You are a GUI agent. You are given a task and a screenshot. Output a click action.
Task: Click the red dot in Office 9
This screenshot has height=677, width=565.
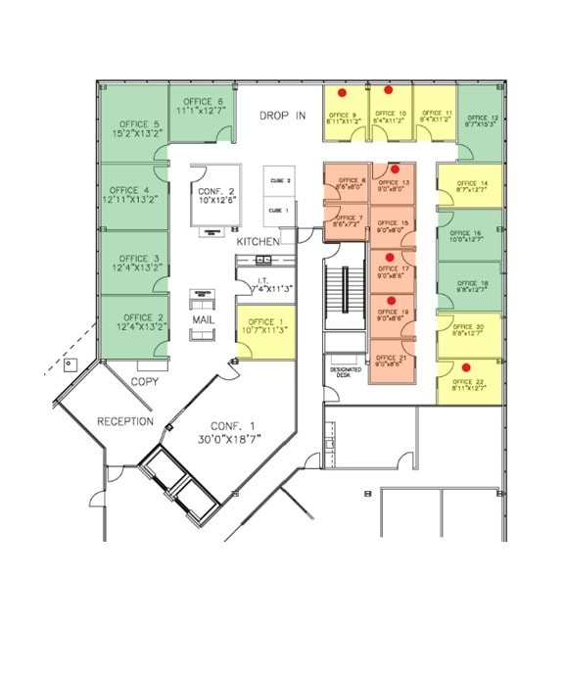341,93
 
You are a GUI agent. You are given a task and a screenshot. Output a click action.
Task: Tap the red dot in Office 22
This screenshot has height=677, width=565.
465,366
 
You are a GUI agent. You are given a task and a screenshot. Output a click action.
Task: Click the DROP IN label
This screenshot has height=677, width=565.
282,116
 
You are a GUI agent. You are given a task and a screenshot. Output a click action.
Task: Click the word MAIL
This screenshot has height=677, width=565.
203,319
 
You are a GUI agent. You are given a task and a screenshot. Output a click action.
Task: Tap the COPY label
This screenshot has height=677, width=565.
145,381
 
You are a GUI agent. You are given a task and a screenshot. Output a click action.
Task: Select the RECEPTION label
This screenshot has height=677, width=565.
124,421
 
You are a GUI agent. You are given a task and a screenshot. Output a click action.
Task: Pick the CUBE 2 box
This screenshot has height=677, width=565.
279,181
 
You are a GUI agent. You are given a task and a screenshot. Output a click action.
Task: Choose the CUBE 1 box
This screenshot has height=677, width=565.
279,211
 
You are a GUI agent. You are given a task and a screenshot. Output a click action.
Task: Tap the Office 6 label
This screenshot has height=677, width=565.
201,101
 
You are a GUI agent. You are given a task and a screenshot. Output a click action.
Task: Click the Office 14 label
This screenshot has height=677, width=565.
471,183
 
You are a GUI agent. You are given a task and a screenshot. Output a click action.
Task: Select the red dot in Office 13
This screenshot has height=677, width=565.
393,168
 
